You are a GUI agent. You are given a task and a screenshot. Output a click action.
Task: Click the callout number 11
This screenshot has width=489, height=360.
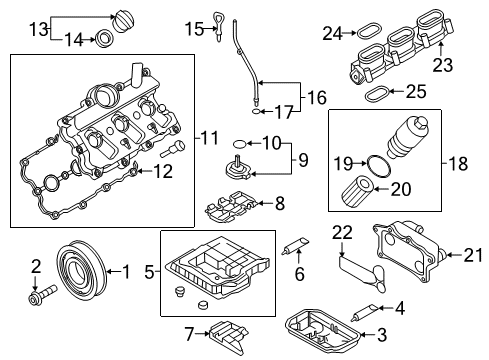pos(210,138)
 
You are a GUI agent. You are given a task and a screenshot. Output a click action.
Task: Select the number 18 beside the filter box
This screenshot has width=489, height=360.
pos(458,164)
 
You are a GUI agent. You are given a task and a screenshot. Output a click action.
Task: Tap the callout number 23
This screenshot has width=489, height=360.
pos(443,65)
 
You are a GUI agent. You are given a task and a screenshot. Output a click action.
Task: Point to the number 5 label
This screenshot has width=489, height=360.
pos(149,272)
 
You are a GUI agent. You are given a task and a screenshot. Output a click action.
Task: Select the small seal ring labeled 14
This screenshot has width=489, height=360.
pos(104,39)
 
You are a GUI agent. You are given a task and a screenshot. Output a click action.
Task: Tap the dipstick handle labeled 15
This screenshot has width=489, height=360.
pos(219,27)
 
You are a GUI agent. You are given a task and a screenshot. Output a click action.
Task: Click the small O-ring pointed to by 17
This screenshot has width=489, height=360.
pos(256,111)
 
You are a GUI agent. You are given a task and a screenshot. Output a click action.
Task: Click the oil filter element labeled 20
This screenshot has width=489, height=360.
pos(358,191)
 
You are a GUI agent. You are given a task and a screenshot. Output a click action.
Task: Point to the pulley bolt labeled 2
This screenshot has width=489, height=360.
pos(43,293)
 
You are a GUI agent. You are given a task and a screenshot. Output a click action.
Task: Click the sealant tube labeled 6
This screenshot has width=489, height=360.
pos(296,245)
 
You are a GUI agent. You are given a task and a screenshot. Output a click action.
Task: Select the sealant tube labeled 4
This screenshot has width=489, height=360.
pos(365,313)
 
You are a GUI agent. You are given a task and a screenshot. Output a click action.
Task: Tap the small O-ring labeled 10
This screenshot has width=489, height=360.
pos(240,144)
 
